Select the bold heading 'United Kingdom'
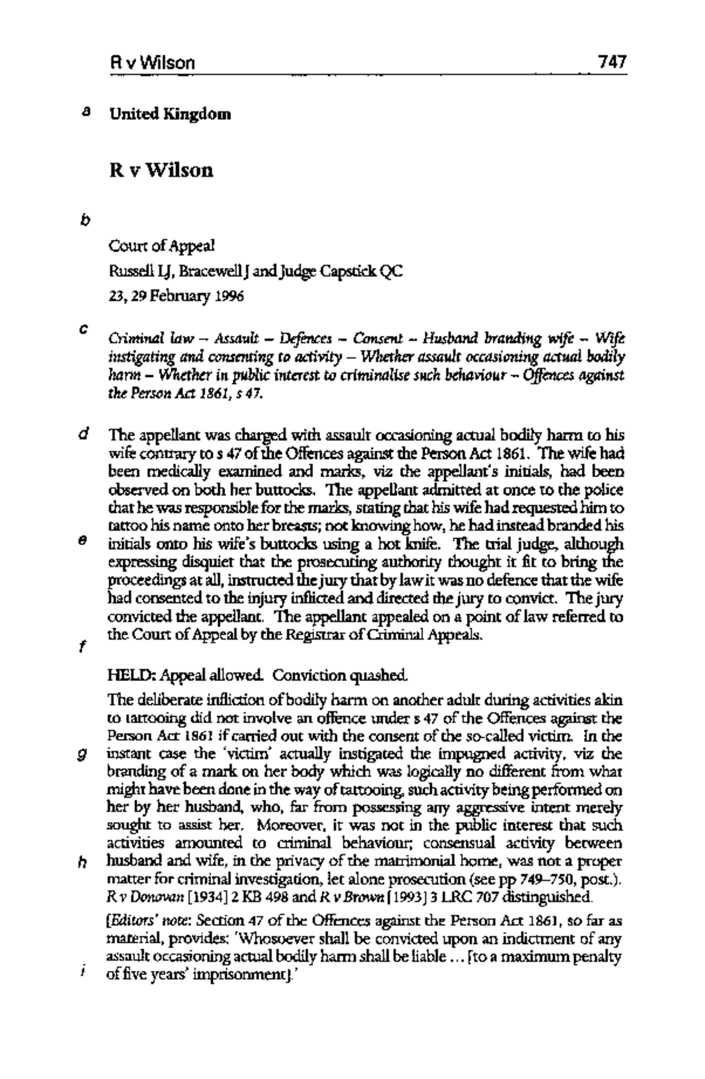point(170,114)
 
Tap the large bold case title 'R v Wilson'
point(161,171)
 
